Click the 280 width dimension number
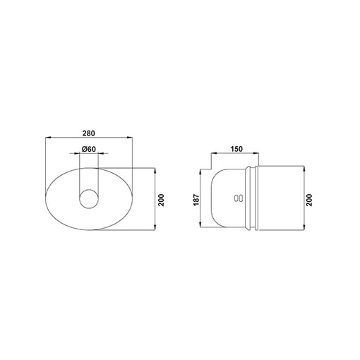88,133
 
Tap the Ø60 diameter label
89,149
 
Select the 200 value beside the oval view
161,200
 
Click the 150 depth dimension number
236,149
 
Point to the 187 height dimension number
196,200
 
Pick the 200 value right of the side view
309,200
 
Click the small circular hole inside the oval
89,199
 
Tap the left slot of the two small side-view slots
236,198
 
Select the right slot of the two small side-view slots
241,198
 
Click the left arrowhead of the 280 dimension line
48,138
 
